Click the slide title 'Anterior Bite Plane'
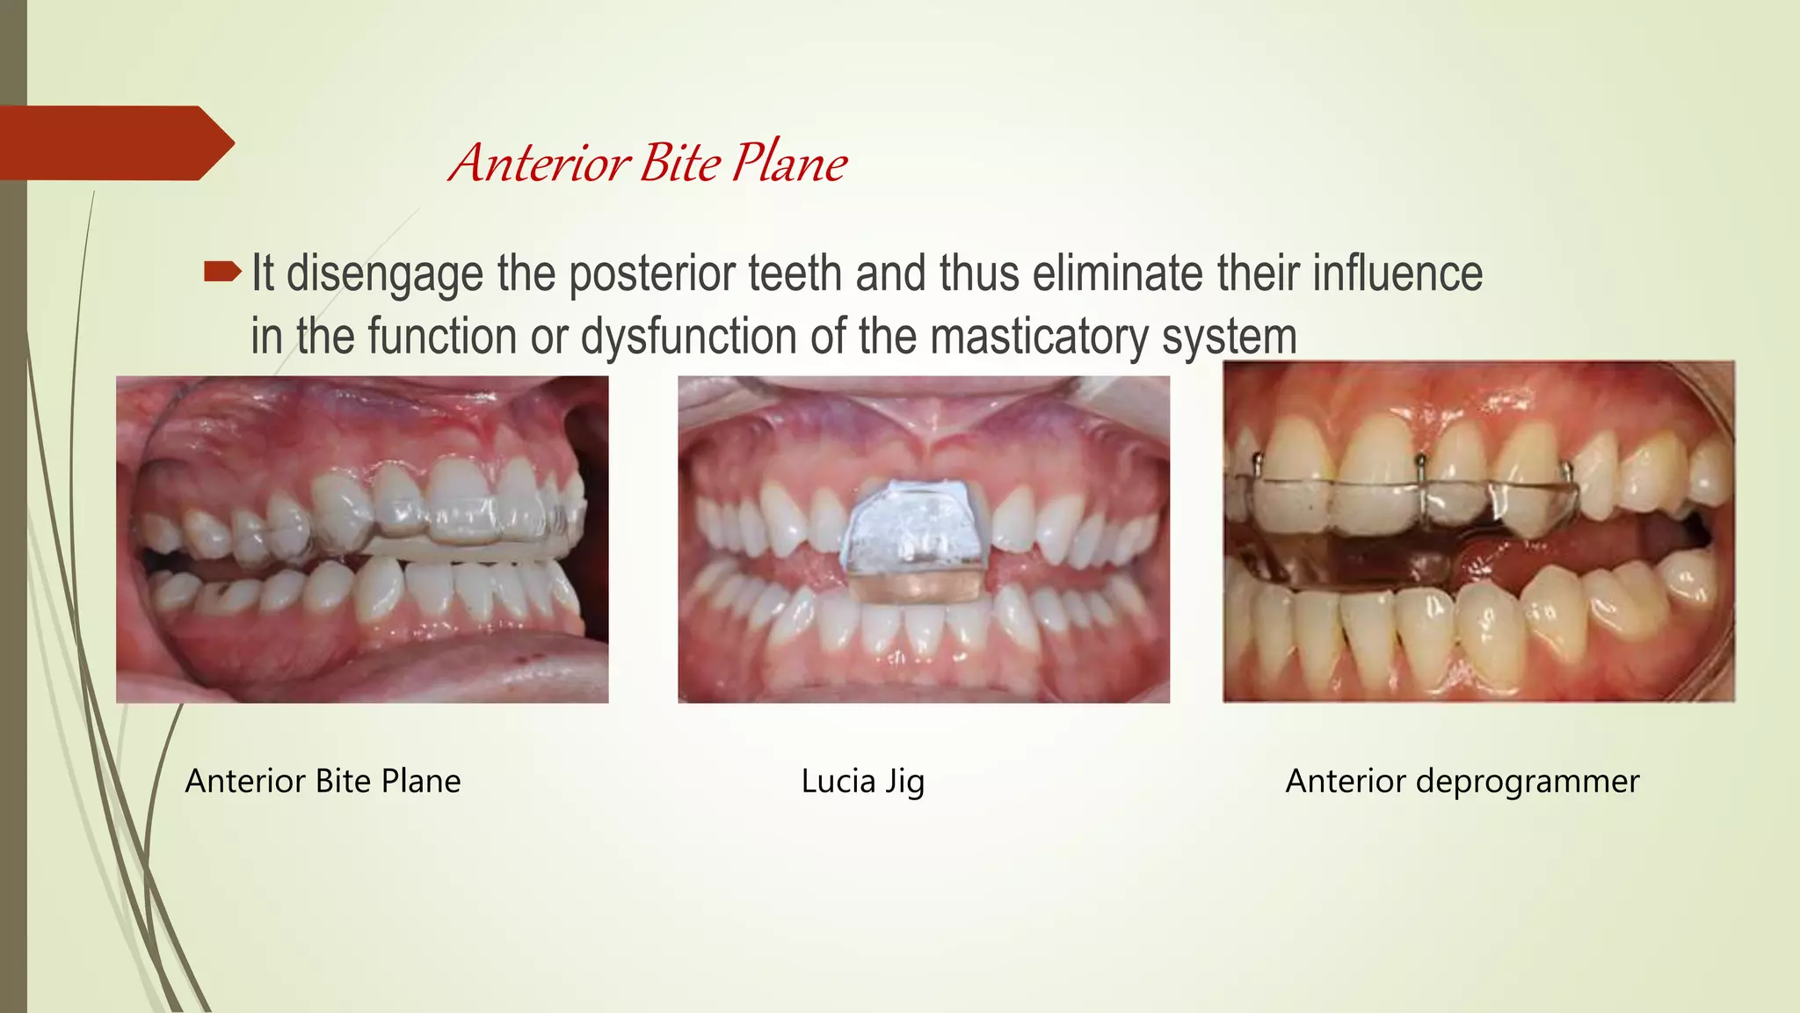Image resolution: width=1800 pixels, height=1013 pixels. click(648, 163)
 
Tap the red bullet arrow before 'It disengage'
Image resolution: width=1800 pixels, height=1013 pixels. click(221, 273)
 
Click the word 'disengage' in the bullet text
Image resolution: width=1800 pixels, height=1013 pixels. click(385, 273)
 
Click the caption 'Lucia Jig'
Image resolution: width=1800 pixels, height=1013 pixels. click(862, 781)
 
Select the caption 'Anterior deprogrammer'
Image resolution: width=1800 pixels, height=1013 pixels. click(1462, 781)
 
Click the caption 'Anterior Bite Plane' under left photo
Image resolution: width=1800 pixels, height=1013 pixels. click(323, 781)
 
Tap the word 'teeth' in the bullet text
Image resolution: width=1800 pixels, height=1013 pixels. click(795, 273)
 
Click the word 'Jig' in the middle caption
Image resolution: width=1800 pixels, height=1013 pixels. click(904, 781)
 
